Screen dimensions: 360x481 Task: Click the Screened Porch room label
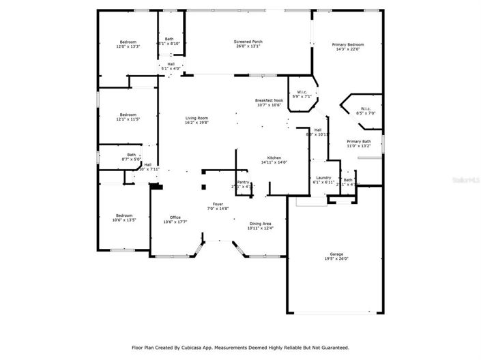pyautogui.click(x=248, y=42)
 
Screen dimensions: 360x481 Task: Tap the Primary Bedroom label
pyautogui.click(x=347, y=45)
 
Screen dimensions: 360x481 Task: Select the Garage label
pyautogui.click(x=336, y=254)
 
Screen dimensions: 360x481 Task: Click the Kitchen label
pyautogui.click(x=274, y=157)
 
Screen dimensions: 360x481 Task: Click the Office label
pyautogui.click(x=175, y=217)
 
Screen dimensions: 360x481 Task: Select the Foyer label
pyautogui.click(x=218, y=204)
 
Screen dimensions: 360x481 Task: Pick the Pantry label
pyautogui.click(x=243, y=182)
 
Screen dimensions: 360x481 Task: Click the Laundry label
pyautogui.click(x=323, y=178)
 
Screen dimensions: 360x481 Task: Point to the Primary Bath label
pyautogui.click(x=358, y=141)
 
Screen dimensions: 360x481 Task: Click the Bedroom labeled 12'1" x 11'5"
pyautogui.click(x=128, y=115)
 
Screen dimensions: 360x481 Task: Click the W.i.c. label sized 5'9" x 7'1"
pyautogui.click(x=302, y=92)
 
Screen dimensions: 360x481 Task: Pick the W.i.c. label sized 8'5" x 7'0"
pyautogui.click(x=365, y=108)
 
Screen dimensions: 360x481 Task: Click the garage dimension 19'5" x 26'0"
pyautogui.click(x=336, y=259)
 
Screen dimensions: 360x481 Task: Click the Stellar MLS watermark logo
pyautogui.click(x=466, y=180)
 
